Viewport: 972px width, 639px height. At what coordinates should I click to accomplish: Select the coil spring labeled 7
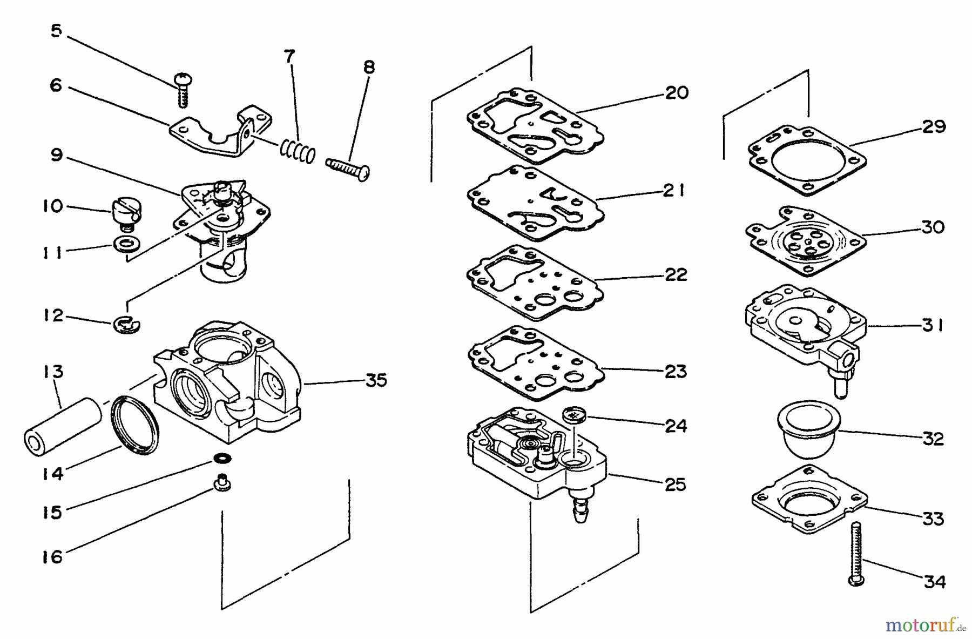297,150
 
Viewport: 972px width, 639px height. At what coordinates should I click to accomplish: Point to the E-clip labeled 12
128,324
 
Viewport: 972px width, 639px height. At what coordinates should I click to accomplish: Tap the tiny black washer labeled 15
222,459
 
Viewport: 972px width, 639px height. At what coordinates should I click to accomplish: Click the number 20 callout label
676,93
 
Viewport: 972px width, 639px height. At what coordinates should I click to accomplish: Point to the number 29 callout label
934,127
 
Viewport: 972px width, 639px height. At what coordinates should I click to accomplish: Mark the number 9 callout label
56,156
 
